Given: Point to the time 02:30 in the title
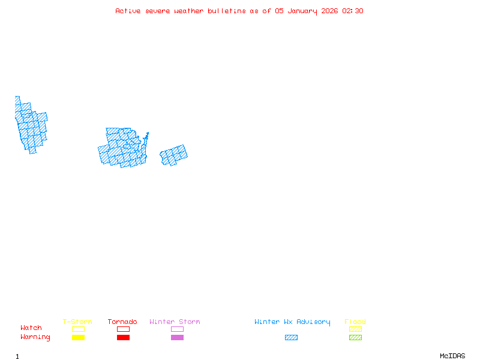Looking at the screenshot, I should pyautogui.click(x=353, y=11).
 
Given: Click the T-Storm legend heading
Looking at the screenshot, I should pyautogui.click(x=77, y=322).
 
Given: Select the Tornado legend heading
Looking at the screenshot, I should pyautogui.click(x=122, y=322).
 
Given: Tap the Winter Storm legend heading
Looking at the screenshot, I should pyautogui.click(x=175, y=322).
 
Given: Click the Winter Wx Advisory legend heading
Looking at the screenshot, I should pyautogui.click(x=292, y=322).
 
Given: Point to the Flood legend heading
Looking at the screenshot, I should pyautogui.click(x=355, y=322).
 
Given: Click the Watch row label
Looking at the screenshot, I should pyautogui.click(x=31, y=328).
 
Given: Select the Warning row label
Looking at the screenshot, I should pyautogui.click(x=35, y=337).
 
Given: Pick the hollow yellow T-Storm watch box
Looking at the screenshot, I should pyautogui.click(x=78, y=329).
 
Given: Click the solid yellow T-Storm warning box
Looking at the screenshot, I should pyautogui.click(x=78, y=337).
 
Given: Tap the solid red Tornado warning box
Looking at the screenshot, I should pyautogui.click(x=123, y=337).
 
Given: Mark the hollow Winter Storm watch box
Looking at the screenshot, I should pyautogui.click(x=177, y=329).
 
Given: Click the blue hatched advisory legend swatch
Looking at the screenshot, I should pyautogui.click(x=291, y=337).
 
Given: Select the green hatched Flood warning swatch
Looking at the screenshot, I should pyautogui.click(x=355, y=337).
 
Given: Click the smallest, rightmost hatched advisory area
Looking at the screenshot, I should pyautogui.click(x=174, y=155).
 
